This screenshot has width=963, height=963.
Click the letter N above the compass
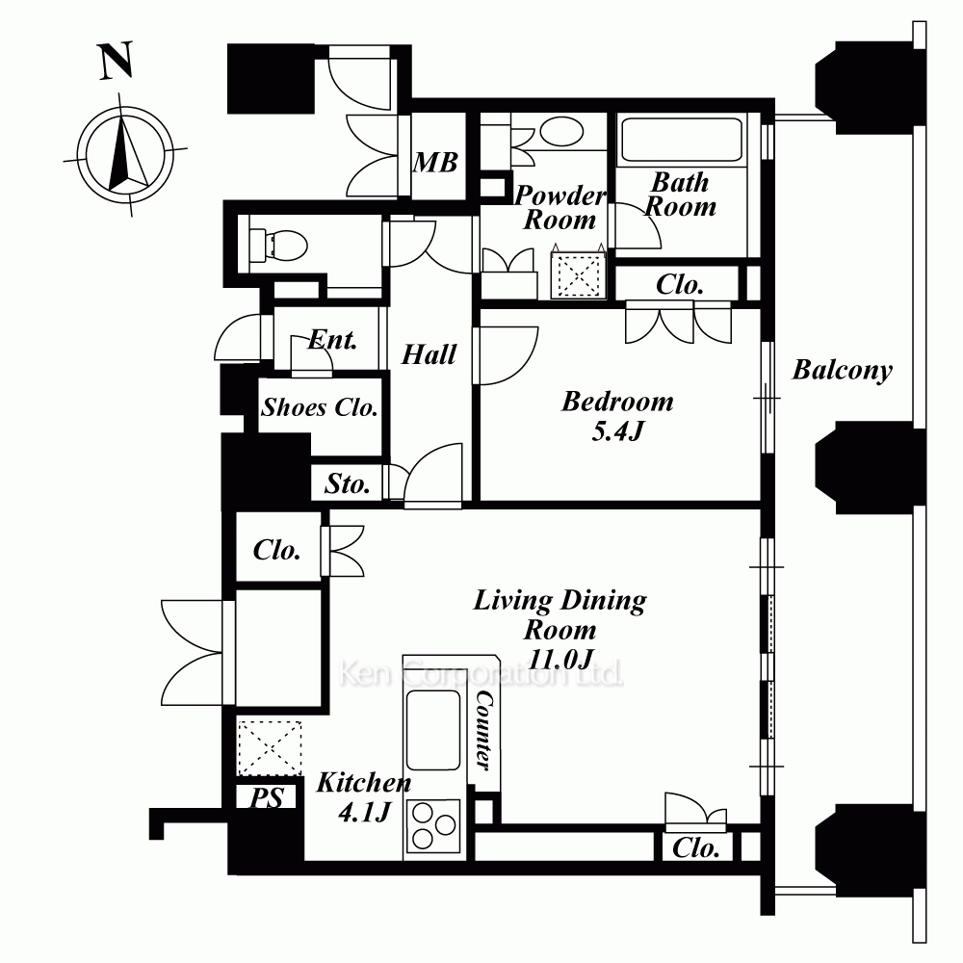tap(117, 61)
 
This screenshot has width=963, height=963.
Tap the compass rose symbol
tap(125, 154)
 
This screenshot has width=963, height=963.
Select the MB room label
tap(435, 163)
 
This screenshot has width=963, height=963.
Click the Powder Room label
tap(560, 208)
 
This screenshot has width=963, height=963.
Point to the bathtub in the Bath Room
tap(681, 140)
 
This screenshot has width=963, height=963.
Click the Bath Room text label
tap(680, 195)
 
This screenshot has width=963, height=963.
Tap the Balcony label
tap(842, 371)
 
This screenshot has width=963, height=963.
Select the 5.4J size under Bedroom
tap(617, 430)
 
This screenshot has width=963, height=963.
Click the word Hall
tap(429, 354)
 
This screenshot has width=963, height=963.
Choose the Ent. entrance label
tap(332, 339)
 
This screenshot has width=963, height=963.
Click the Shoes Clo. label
tap(320, 407)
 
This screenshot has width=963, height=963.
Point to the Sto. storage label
tap(347, 484)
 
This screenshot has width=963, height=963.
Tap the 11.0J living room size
tap(560, 660)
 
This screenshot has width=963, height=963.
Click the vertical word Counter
tap(484, 730)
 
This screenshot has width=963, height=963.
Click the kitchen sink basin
tap(433, 730)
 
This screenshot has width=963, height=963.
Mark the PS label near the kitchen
tap(267, 797)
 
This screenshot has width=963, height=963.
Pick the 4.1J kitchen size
tap(364, 813)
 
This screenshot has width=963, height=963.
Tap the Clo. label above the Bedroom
tap(679, 284)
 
